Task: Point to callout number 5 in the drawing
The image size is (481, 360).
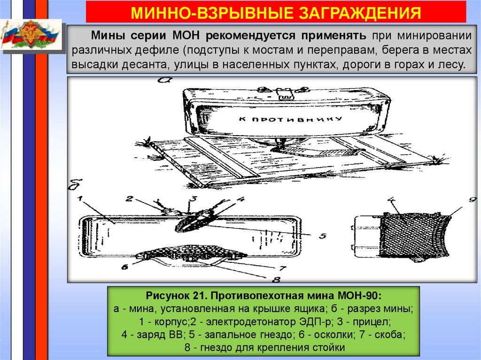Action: click(323, 236)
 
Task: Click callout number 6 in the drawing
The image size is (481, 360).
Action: click(124, 268)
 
